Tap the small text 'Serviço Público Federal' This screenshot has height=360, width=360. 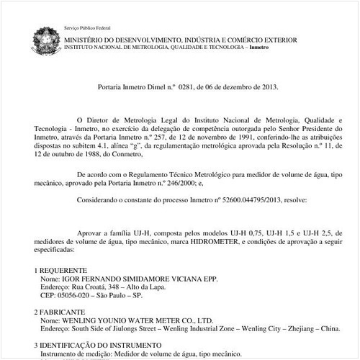[x=82, y=27]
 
